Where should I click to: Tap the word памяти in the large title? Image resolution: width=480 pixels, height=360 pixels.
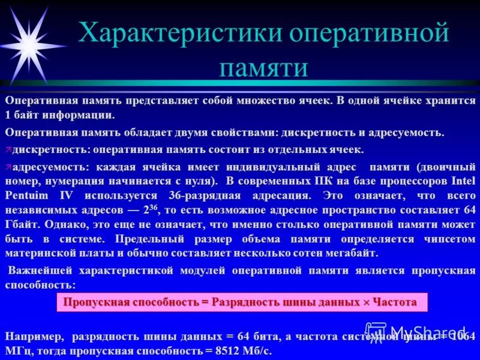click(x=263, y=67)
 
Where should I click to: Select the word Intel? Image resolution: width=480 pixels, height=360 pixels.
click(x=460, y=180)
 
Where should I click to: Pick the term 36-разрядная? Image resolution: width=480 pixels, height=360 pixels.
click(x=206, y=195)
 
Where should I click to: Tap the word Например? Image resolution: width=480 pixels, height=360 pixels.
click(x=33, y=335)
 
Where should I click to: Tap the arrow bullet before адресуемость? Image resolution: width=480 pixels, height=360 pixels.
click(x=8, y=166)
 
